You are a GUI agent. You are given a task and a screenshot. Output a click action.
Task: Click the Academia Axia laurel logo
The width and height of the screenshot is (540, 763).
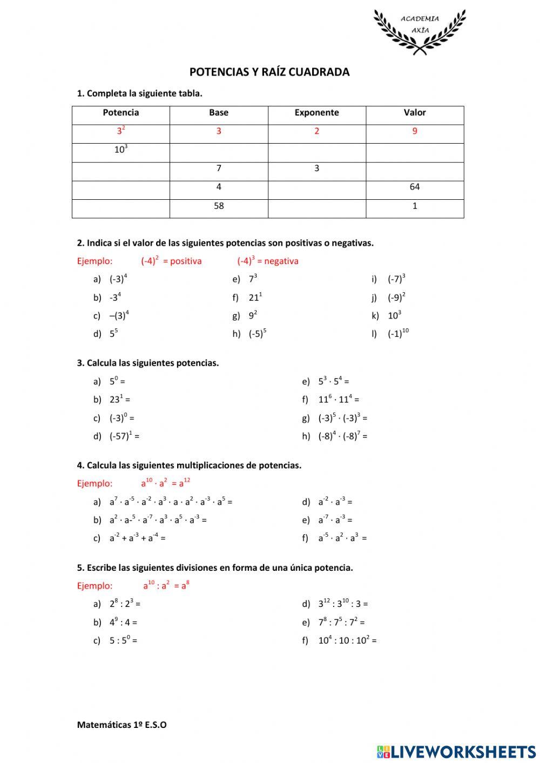point(419,31)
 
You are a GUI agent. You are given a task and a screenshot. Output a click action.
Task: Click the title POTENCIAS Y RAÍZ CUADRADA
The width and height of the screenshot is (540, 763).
point(269,72)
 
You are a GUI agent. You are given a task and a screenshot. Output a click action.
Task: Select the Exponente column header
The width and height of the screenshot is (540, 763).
point(316,113)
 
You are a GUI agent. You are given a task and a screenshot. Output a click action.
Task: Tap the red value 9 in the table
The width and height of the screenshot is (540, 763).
point(414,131)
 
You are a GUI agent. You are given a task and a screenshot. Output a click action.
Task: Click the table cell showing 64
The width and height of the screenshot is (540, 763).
point(414,187)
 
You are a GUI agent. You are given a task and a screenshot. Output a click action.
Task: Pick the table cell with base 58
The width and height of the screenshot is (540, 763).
point(219,206)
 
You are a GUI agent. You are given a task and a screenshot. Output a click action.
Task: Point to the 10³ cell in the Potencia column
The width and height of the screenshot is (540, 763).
point(120,150)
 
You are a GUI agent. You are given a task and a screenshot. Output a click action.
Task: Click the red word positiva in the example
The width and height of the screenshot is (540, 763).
point(185,261)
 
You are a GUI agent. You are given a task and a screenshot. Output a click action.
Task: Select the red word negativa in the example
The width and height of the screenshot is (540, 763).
point(281,261)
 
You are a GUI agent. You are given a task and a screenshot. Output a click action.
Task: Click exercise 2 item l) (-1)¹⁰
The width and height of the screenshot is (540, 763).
point(397,334)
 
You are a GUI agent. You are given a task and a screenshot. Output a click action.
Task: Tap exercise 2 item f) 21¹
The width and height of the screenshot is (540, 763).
point(255,298)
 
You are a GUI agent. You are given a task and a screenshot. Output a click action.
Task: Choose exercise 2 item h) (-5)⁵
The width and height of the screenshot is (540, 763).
point(257,334)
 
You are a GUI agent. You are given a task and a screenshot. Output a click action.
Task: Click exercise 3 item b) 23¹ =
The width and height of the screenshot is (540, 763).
point(119,400)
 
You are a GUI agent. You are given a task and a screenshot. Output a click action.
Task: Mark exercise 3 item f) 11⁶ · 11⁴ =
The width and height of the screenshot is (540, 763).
point(339,400)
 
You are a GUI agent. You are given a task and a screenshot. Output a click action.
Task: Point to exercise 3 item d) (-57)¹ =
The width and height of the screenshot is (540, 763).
point(124,436)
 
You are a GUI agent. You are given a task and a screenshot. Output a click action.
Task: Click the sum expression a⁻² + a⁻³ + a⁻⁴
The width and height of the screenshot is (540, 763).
point(137,538)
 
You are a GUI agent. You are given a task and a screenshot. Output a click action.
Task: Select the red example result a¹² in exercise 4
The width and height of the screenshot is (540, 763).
point(184,483)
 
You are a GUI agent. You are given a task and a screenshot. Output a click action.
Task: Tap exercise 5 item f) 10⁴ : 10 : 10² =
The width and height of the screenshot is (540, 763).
point(347,640)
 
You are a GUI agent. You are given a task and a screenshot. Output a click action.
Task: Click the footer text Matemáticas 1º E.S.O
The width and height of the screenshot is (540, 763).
point(122,725)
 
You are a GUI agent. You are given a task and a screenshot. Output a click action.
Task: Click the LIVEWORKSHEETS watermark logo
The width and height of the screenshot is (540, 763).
point(456,751)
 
